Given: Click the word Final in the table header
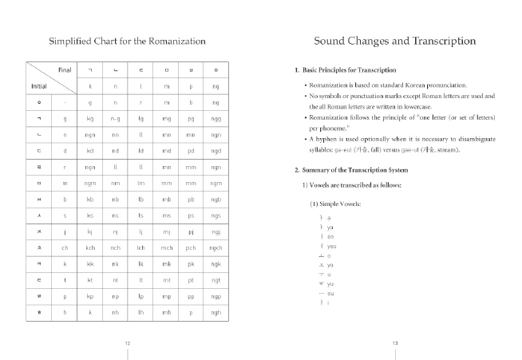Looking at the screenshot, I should point(65,69).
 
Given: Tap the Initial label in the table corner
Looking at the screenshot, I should point(38,85).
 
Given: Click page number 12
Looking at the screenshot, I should point(128,343).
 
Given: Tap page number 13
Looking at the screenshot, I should point(395,343).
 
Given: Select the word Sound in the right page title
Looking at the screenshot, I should point(334,41).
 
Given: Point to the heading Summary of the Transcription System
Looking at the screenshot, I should point(352,170).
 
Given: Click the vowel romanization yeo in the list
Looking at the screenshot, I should point(330,246).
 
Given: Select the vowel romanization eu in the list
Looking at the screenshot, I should point(329,294).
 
